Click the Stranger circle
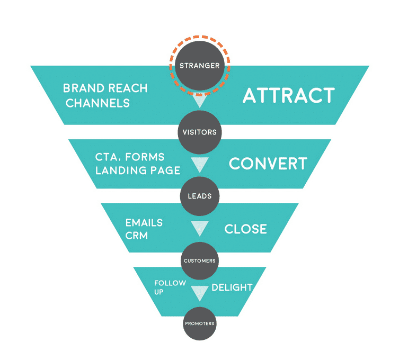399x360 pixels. (199, 66)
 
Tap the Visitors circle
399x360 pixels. (199, 131)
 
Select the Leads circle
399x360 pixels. (199, 196)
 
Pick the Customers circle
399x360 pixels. (199, 260)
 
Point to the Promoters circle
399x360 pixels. (199, 323)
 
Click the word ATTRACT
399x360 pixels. (288, 96)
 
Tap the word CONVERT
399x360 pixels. (268, 164)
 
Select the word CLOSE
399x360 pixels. (245, 229)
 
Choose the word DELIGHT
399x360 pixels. (232, 287)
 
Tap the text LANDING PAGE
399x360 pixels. (138, 170)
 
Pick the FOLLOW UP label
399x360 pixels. (170, 287)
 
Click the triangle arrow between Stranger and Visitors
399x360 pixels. (199, 101)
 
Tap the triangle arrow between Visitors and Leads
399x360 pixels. (199, 165)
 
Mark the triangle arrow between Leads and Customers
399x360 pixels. (199, 229)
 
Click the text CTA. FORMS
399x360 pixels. (130, 157)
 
